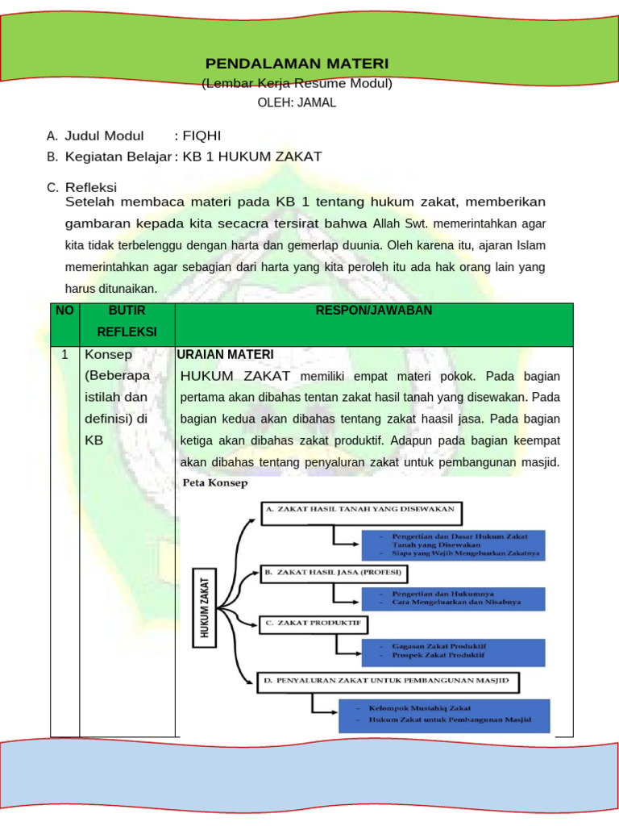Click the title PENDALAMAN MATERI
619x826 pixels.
(x=297, y=64)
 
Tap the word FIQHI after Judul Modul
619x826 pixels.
(x=202, y=136)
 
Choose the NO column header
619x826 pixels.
(x=64, y=311)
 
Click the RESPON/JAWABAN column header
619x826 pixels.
(x=374, y=311)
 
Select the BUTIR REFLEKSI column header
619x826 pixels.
(x=127, y=321)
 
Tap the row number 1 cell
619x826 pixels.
(x=64, y=355)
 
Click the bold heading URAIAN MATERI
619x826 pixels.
(x=226, y=354)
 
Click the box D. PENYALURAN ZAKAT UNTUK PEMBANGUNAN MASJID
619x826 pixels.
(x=388, y=682)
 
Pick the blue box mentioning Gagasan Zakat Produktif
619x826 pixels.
(x=453, y=653)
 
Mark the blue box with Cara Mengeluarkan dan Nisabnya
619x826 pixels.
(x=453, y=598)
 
